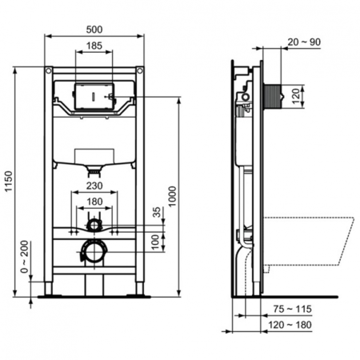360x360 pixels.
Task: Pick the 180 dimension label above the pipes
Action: [x=95, y=202]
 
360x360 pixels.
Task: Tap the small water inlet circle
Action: [x=95, y=224]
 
